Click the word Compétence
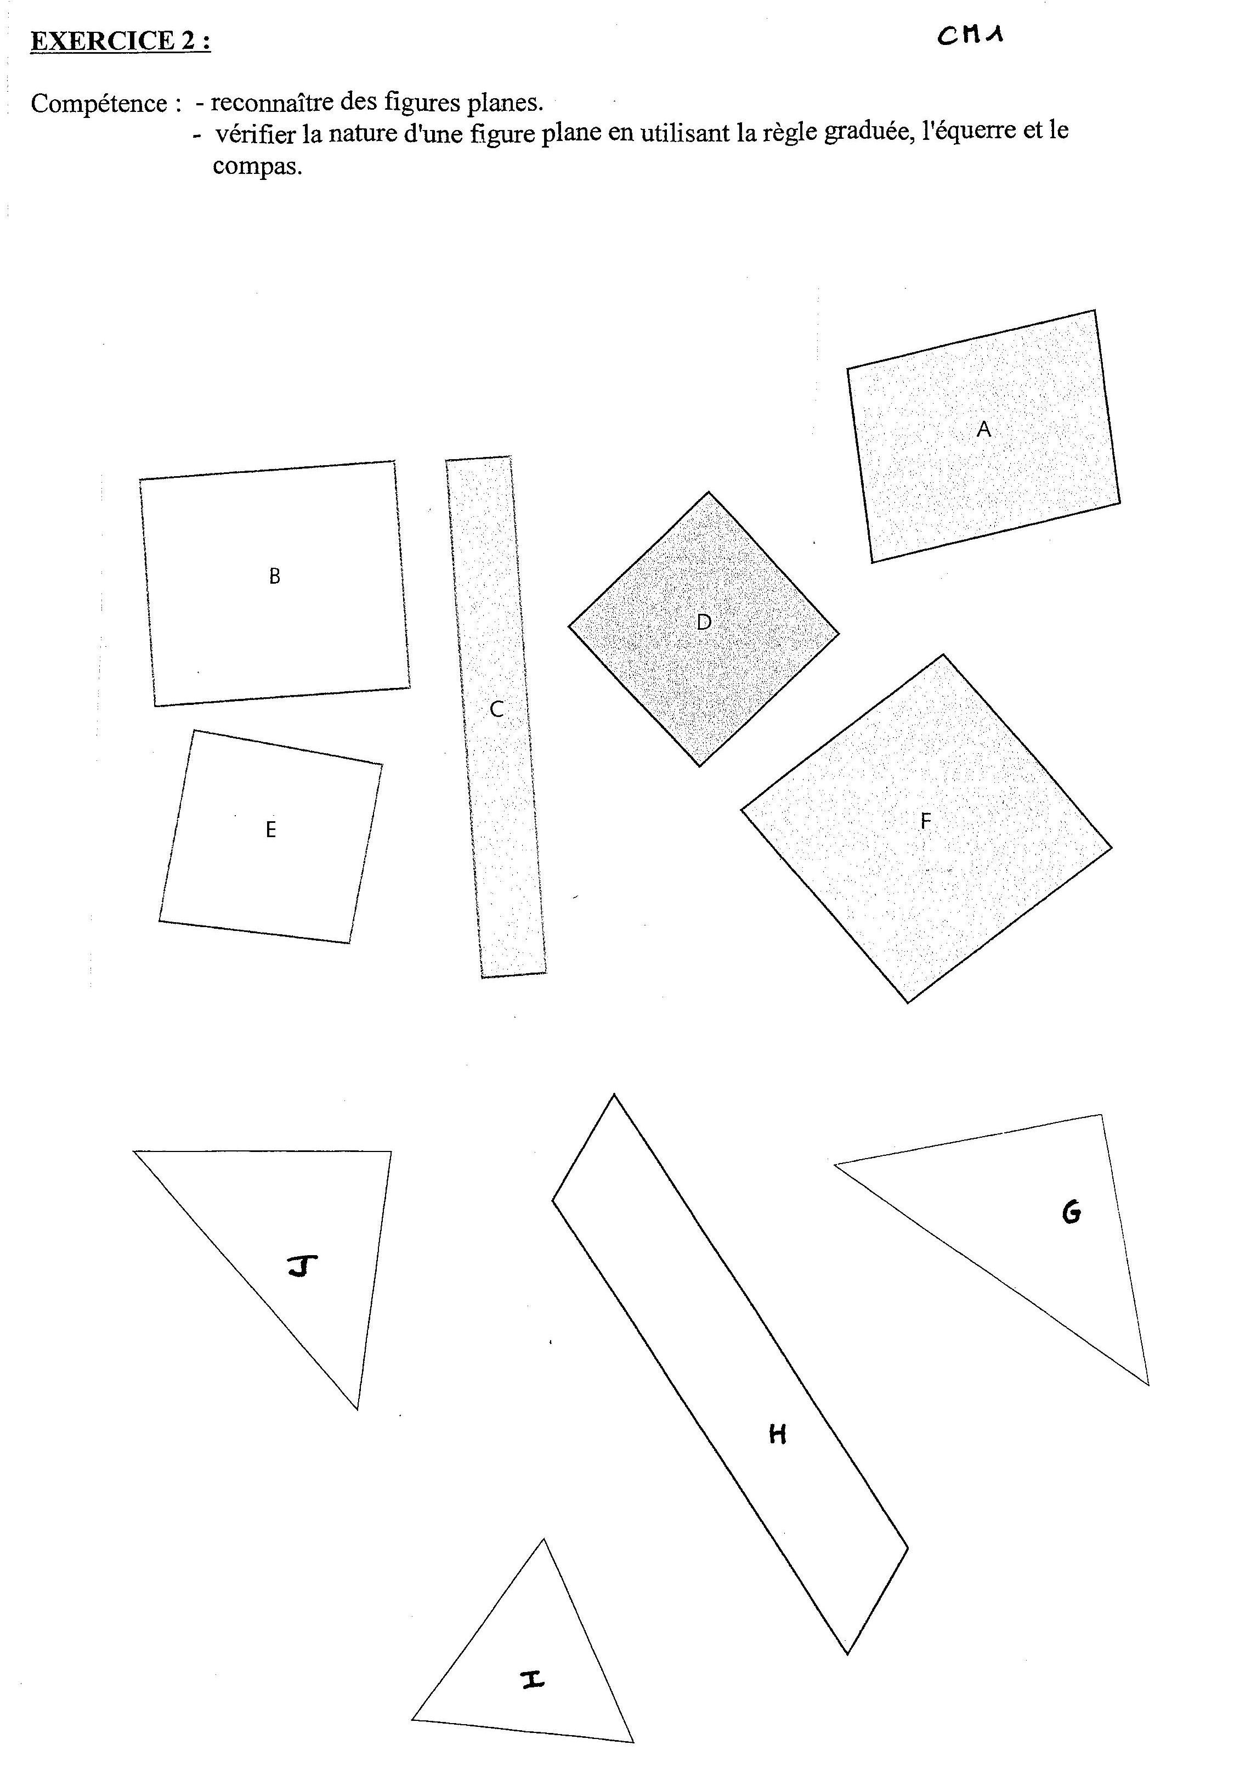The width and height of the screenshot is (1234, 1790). click(x=99, y=104)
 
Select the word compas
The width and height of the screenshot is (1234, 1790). click(x=257, y=167)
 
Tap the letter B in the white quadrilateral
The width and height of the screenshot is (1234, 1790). click(x=274, y=576)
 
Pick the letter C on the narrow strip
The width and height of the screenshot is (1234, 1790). click(x=496, y=709)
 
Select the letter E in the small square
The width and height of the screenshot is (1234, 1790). click(x=270, y=829)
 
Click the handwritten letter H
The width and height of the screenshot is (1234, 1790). click(x=778, y=1435)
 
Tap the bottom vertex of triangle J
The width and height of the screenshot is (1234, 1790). click(x=357, y=1409)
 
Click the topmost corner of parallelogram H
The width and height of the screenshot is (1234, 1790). click(x=614, y=1094)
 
